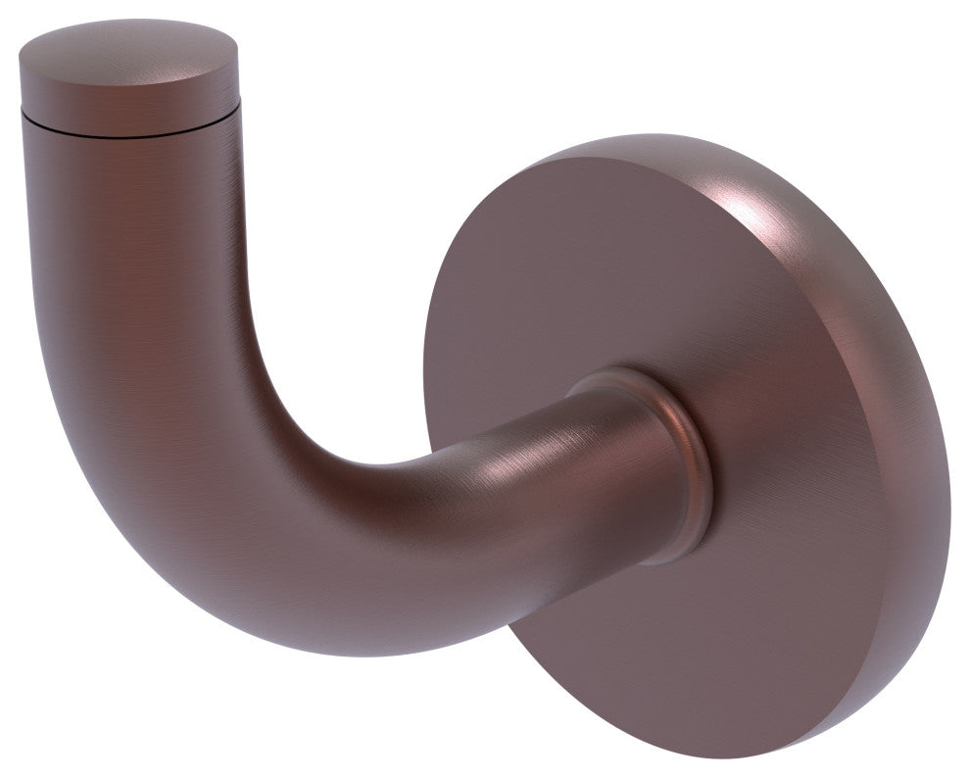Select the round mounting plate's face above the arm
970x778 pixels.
click(x=588, y=274)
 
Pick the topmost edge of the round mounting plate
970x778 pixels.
click(x=647, y=136)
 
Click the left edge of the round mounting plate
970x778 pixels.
click(x=427, y=392)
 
